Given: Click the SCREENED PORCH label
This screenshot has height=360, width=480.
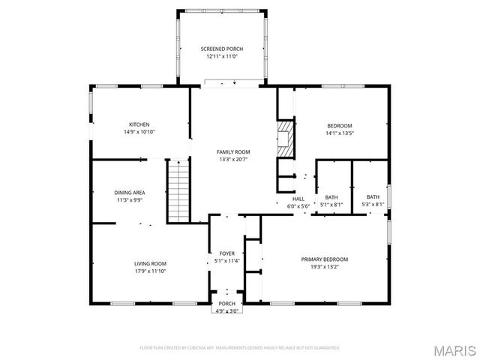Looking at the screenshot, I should tap(221, 49).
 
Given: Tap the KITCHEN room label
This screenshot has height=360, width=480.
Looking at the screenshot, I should tap(139, 124).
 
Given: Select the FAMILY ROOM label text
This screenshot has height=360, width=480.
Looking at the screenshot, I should tap(233, 152).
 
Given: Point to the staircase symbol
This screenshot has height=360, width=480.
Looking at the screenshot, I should tap(178, 191).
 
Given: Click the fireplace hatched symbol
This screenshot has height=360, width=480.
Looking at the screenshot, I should tap(285, 139).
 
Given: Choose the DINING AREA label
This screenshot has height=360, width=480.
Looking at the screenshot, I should tap(129, 193).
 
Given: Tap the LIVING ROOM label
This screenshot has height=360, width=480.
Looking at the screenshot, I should tap(150, 263).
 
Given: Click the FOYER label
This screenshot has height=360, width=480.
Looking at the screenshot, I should tap(226, 253).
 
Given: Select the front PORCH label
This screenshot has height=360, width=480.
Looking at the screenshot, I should tap(226, 304).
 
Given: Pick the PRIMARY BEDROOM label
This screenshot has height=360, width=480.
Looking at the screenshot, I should tap(325, 259).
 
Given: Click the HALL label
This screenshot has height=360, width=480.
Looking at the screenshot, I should tap(298, 199).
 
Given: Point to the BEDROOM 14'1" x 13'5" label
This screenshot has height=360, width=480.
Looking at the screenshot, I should tap(339, 125).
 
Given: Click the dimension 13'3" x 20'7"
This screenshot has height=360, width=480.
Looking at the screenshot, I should tap(233, 159).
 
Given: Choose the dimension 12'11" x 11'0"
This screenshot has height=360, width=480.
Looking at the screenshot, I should tap(221, 56).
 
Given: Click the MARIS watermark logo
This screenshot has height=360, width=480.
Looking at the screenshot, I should tap(454, 349).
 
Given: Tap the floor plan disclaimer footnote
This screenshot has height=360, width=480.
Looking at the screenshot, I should tap(240, 348).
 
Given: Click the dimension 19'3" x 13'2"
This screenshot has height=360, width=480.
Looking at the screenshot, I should tap(325, 266).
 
